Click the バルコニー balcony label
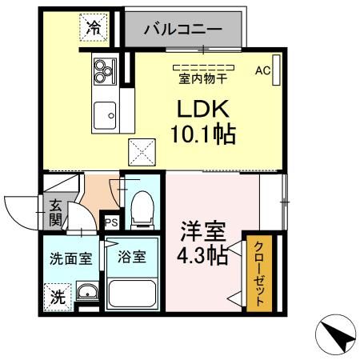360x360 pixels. [183, 29]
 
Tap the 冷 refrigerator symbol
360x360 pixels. [94, 26]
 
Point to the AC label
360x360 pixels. [262, 70]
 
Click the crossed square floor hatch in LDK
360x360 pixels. [142, 150]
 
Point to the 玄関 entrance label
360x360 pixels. [55, 211]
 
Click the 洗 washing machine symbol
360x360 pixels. [57, 295]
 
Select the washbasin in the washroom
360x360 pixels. [87, 293]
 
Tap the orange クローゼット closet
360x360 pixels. [257, 273]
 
